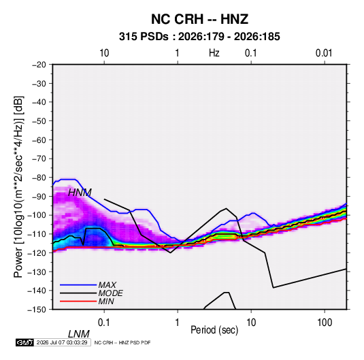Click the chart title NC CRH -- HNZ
(199, 19)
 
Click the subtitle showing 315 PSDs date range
(199, 37)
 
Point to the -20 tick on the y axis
(39, 65)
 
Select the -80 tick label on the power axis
(39, 178)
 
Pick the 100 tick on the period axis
(325, 323)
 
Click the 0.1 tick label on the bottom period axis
(103, 323)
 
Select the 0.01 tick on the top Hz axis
(324, 53)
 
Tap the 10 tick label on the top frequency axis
(104, 53)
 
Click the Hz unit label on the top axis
(214, 53)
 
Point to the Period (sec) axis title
(214, 330)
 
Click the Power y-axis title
(18, 186)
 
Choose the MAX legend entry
(107, 285)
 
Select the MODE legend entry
(110, 293)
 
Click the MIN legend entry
(106, 301)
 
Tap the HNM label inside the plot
(80, 193)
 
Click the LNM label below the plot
(79, 334)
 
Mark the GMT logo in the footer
(24, 342)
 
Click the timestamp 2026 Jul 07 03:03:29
(62, 342)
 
